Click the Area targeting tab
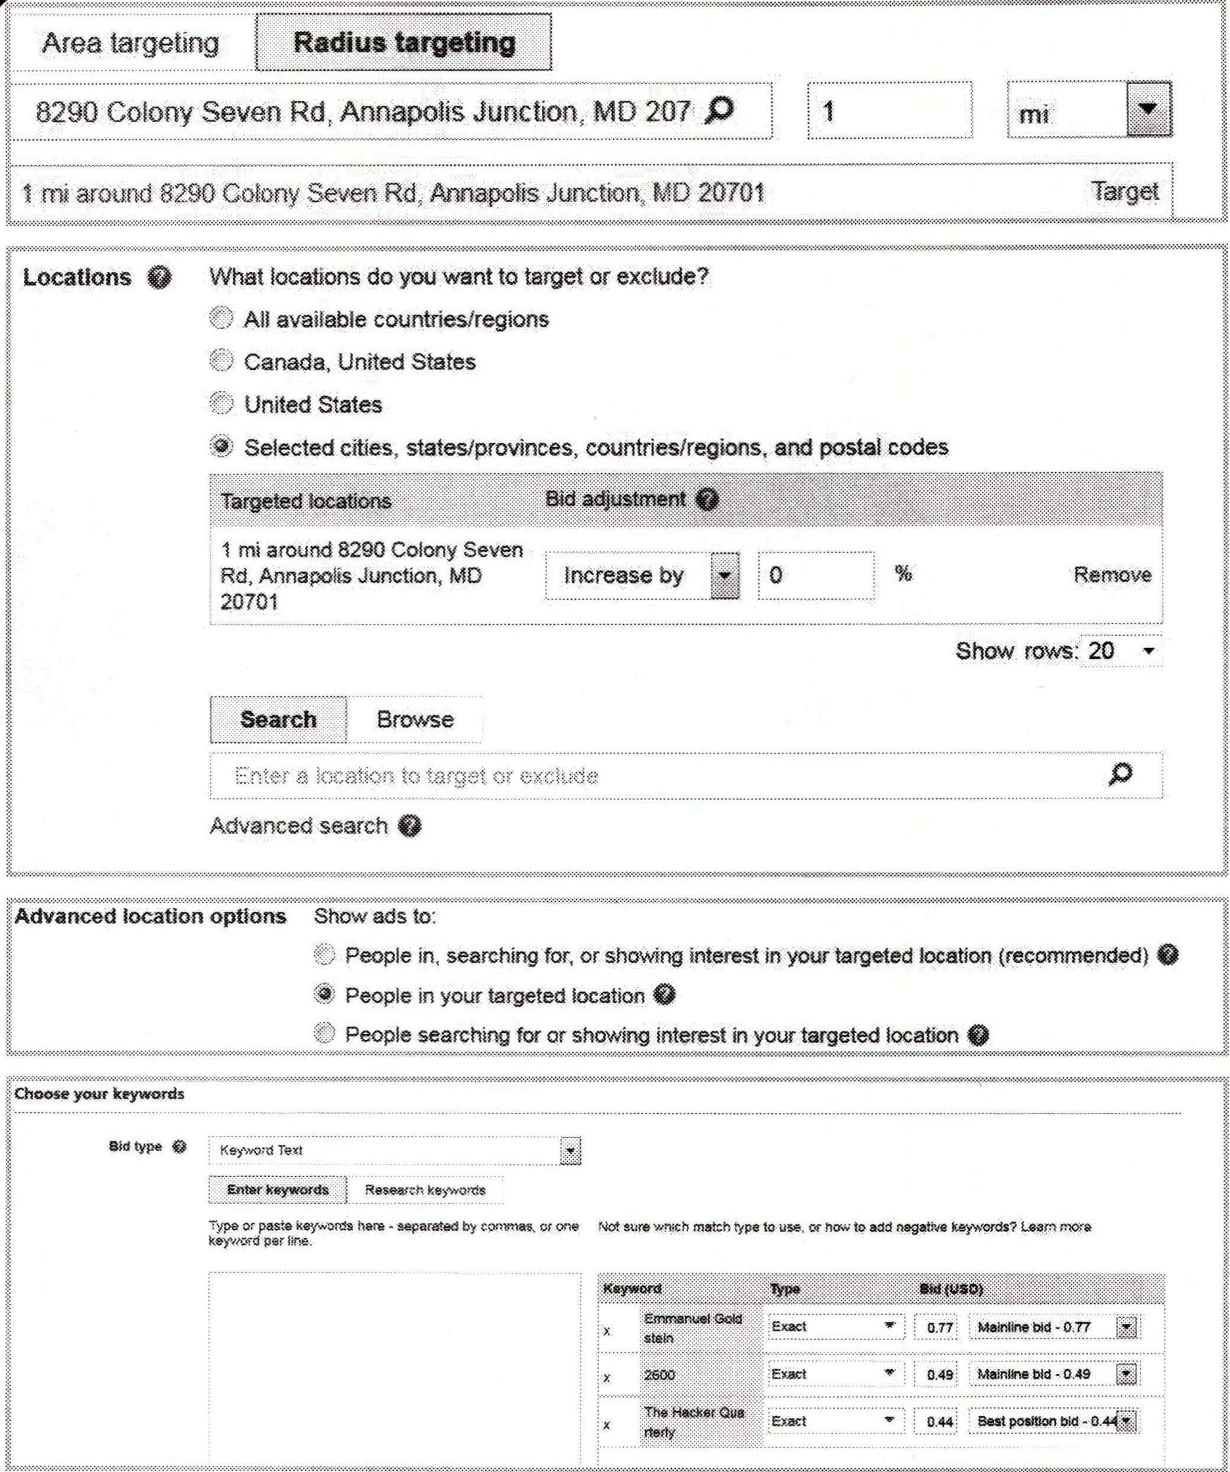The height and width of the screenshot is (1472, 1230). [x=131, y=44]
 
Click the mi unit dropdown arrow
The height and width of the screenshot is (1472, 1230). [x=1148, y=110]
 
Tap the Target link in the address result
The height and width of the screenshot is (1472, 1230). [x=1124, y=191]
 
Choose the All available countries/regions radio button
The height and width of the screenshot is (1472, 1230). [x=222, y=319]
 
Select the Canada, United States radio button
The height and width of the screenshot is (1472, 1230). [x=222, y=361]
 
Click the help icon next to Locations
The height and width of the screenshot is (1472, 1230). [x=160, y=278]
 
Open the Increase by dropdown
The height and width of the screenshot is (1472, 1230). [x=725, y=576]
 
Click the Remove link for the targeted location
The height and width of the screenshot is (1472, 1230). [x=1112, y=575]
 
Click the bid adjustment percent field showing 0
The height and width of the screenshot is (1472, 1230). [x=815, y=576]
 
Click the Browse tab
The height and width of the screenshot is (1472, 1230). [x=415, y=719]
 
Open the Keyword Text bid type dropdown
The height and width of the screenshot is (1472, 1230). [x=571, y=1151]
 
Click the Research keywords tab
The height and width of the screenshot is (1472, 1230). [x=425, y=1190]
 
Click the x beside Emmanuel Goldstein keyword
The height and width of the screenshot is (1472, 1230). [x=607, y=1330]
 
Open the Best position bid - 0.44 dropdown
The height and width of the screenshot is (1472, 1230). [x=1126, y=1421]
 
